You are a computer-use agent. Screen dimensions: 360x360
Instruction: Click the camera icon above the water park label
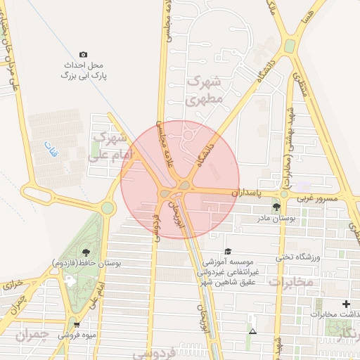[84, 54]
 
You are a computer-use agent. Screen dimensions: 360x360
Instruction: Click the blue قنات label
[51, 148]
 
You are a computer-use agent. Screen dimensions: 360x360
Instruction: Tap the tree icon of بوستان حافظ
[86, 252]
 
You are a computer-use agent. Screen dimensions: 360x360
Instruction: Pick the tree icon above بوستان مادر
[276, 207]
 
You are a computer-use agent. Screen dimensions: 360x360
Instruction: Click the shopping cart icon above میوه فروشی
[77, 324]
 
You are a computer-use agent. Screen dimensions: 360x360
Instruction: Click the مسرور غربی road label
[317, 200]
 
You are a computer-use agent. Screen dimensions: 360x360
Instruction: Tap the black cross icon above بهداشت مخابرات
[345, 304]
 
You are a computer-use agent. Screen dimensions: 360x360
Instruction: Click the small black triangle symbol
[252, 330]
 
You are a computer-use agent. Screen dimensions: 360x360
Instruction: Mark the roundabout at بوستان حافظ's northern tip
[107, 207]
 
